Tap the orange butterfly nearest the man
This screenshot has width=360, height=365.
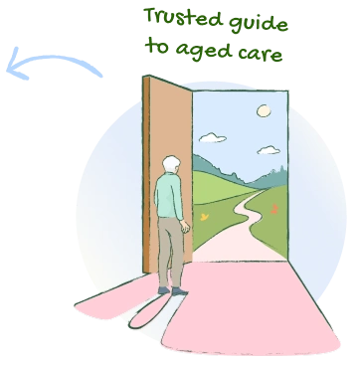[203, 215]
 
